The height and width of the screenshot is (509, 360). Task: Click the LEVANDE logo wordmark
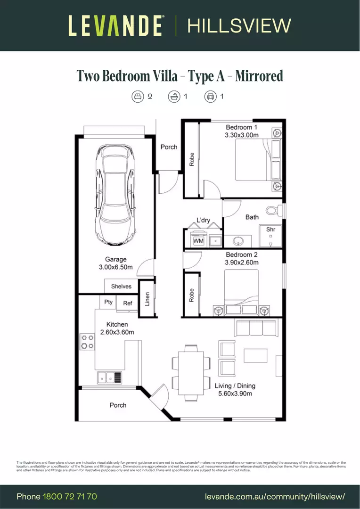116,25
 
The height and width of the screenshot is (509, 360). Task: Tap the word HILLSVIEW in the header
239,25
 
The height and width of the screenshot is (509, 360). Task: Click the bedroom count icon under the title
137,97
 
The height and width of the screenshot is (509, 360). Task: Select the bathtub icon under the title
174,97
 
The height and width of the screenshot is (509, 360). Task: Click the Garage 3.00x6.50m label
116,263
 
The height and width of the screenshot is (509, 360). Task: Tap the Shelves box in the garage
121,286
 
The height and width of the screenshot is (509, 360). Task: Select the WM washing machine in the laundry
198,241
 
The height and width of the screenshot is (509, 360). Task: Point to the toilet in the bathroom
272,210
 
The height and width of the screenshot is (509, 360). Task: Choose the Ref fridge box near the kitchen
127,304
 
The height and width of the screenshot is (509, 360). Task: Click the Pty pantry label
108,302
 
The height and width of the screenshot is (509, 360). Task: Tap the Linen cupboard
147,299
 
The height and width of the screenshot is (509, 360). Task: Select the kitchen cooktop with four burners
87,341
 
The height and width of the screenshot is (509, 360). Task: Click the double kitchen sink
109,377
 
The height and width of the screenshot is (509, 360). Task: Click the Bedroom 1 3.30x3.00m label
242,131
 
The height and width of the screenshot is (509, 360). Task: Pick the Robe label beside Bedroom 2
191,295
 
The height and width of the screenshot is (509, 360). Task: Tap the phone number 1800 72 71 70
70,497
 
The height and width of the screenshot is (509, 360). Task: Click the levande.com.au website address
275,497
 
